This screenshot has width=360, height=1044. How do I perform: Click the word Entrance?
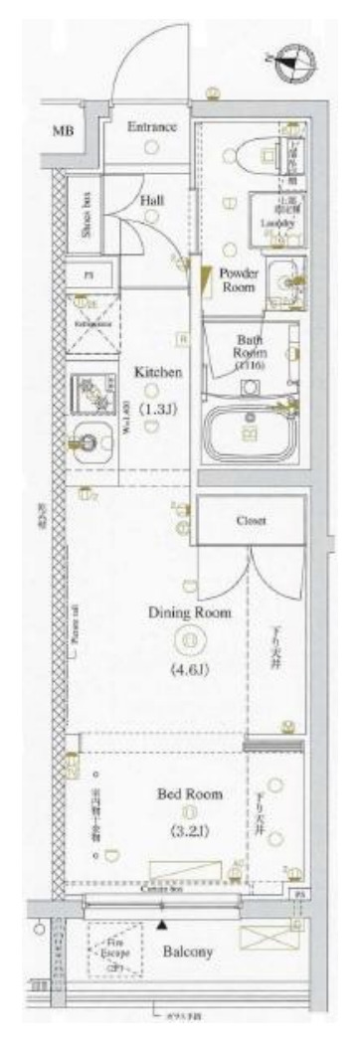(151, 127)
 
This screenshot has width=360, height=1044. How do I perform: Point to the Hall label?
(152, 200)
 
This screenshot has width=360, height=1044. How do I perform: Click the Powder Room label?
(238, 279)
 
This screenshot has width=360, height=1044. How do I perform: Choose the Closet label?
(249, 521)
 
